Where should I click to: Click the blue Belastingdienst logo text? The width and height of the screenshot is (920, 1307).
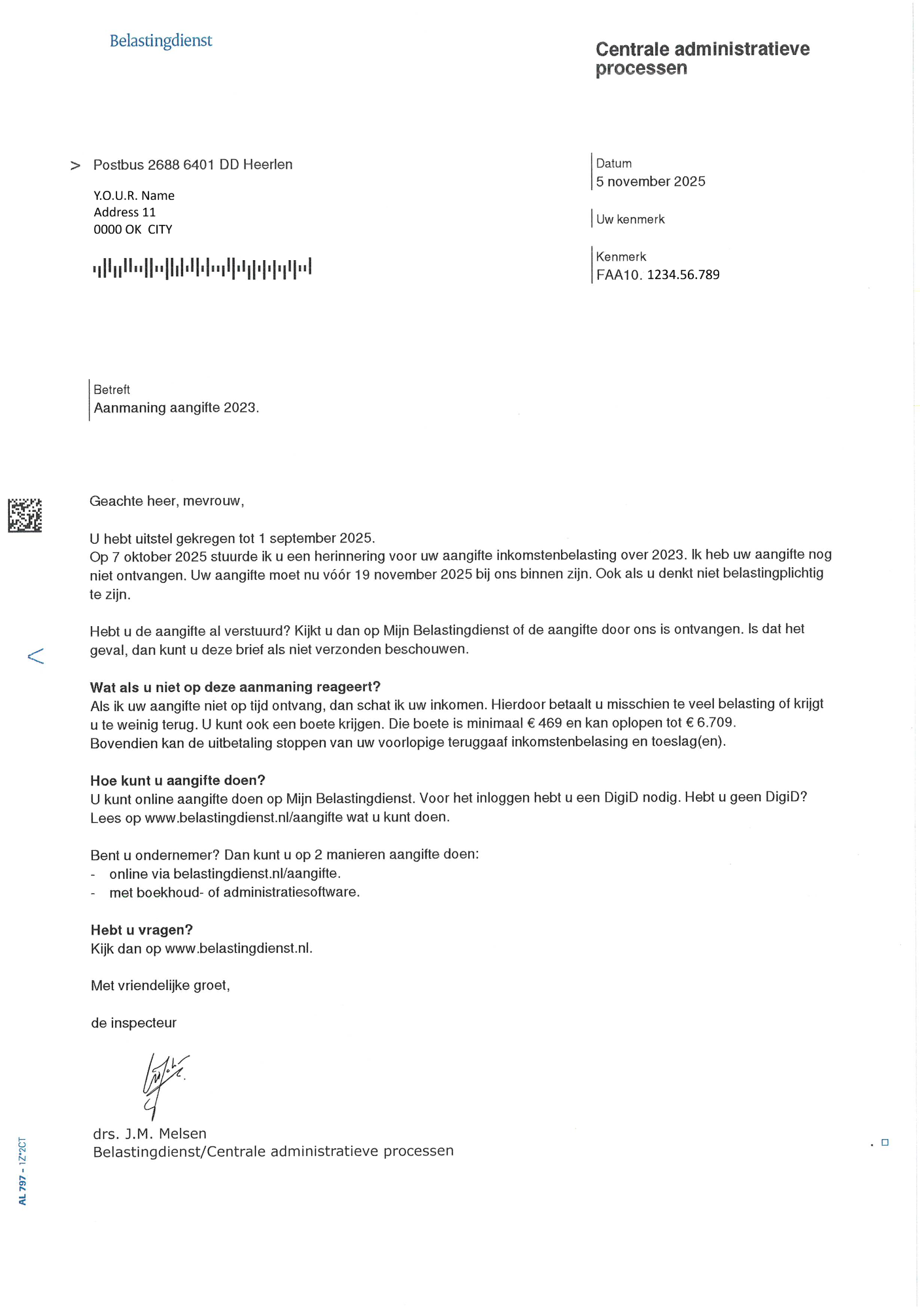click(x=161, y=41)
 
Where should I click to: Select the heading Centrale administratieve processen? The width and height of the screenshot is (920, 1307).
click(x=702, y=58)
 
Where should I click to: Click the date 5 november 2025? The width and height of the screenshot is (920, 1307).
click(x=650, y=182)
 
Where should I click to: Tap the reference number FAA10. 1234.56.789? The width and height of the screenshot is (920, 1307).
click(x=657, y=274)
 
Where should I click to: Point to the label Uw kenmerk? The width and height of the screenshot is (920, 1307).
click(x=630, y=220)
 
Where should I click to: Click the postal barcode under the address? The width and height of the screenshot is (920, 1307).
click(x=201, y=267)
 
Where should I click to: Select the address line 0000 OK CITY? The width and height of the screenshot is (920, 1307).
click(x=133, y=229)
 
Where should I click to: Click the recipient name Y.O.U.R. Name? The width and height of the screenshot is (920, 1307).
click(x=133, y=195)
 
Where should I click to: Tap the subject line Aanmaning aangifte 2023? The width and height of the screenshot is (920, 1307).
click(x=176, y=408)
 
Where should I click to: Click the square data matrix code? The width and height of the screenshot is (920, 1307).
click(x=25, y=515)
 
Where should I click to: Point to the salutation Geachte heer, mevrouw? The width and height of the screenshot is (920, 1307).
click(x=167, y=501)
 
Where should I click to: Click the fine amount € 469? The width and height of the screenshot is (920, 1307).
click(x=544, y=723)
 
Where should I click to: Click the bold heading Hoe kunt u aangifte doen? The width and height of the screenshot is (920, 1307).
click(x=178, y=780)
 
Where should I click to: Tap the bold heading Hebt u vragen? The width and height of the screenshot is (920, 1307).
click(x=142, y=929)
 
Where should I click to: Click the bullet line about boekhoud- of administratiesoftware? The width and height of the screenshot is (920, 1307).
click(x=234, y=892)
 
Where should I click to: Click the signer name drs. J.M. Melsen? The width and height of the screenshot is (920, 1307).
click(x=150, y=1134)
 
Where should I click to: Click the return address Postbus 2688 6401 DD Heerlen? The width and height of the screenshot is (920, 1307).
click(x=193, y=165)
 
